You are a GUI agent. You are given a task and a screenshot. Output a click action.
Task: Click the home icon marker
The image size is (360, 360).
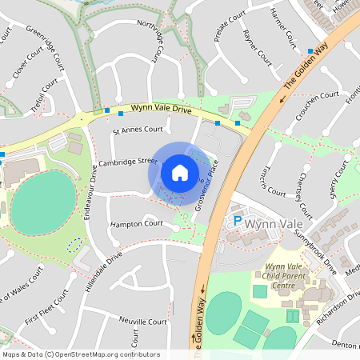(x=180, y=172)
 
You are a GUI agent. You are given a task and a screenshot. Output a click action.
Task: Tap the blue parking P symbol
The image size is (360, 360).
(x=237, y=221)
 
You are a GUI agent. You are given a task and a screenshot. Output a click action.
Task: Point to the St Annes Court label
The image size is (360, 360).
(x=138, y=129)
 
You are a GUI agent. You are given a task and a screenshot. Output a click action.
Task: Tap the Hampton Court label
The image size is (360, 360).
(x=137, y=224)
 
